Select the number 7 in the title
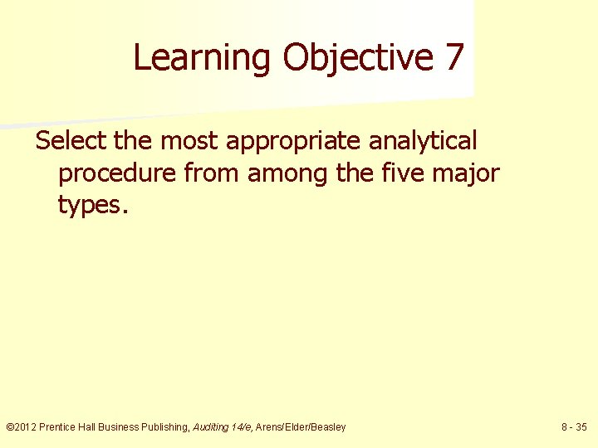(x=454, y=58)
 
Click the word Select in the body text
(x=71, y=141)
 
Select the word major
(x=468, y=174)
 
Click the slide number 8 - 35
(x=573, y=427)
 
